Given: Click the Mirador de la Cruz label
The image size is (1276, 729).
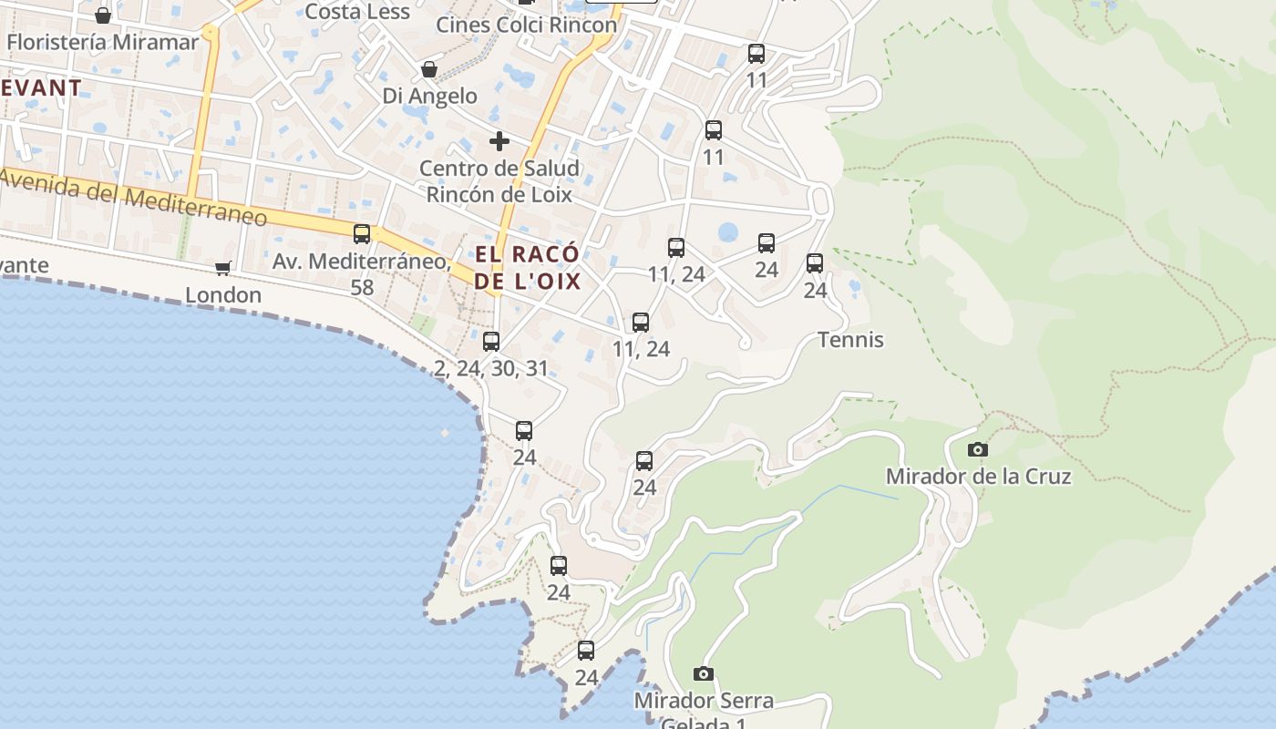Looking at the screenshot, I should pyautogui.click(x=978, y=477).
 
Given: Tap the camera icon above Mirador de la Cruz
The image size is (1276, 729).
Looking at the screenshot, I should pyautogui.click(x=978, y=449).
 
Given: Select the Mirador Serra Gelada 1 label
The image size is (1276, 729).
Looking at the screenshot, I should pyautogui.click(x=704, y=712).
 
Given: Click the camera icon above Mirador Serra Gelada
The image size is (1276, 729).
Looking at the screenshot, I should pyautogui.click(x=704, y=674).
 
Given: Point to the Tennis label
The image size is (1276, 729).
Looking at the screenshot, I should pyautogui.click(x=850, y=340).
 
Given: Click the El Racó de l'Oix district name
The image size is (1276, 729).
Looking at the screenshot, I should pyautogui.click(x=528, y=267).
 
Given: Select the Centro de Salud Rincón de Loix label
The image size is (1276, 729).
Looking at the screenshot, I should pyautogui.click(x=499, y=181).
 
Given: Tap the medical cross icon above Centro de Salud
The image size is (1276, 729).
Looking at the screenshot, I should pyautogui.click(x=499, y=141).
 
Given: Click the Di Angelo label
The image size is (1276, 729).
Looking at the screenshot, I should pyautogui.click(x=429, y=96).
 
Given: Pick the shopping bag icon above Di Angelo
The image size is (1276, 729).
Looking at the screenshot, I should pyautogui.click(x=429, y=69).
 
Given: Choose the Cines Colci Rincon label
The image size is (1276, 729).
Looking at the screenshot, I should pyautogui.click(x=527, y=25).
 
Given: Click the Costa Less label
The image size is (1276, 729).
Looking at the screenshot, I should pyautogui.click(x=357, y=11).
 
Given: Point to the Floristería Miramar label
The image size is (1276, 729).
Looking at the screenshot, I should pyautogui.click(x=102, y=42).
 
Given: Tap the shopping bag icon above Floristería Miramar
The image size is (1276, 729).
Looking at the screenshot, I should pyautogui.click(x=103, y=15).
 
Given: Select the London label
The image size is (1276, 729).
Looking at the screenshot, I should pyautogui.click(x=223, y=295).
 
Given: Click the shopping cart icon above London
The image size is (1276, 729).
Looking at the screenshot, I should pyautogui.click(x=223, y=268).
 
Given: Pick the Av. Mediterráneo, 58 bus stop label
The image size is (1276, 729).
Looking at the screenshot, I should pyautogui.click(x=362, y=273).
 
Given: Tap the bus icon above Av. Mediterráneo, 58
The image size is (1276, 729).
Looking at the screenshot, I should pyautogui.click(x=362, y=234).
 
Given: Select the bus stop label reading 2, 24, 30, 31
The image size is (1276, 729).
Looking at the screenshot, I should pyautogui.click(x=491, y=369).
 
